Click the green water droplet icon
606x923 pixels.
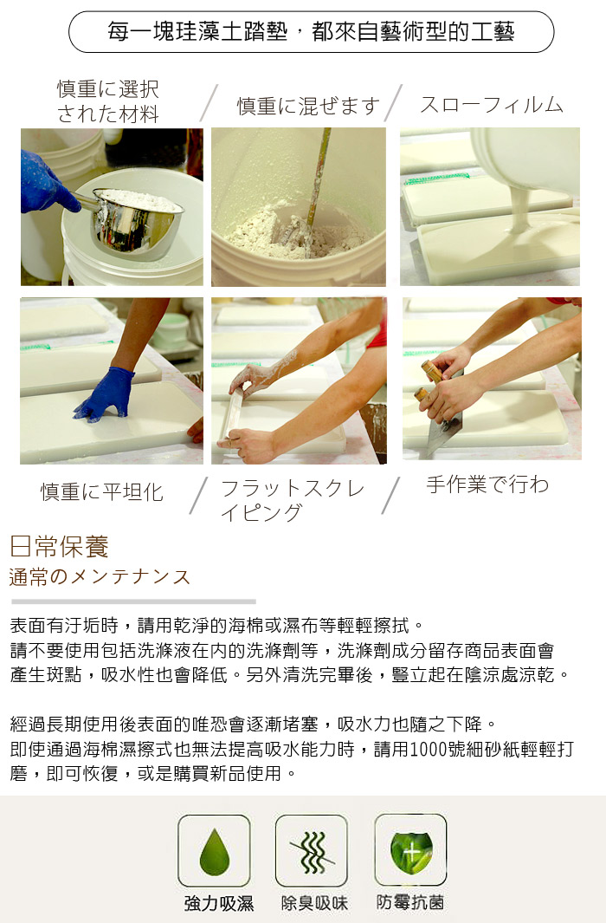[214, 851]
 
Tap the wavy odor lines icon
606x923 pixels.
[312, 852]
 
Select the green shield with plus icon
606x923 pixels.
[411, 852]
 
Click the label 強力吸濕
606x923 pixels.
[219, 903]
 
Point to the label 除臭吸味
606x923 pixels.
[314, 903]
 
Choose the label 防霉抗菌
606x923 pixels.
[410, 902]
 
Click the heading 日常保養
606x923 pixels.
[60, 547]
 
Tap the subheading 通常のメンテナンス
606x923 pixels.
[100, 577]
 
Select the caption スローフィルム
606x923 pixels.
[492, 105]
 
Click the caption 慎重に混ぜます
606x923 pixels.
[308, 106]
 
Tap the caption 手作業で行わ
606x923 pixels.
[488, 484]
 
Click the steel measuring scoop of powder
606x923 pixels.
[132, 219]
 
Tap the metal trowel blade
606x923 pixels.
[444, 429]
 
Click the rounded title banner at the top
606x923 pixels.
[312, 32]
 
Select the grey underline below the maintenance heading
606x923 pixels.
[133, 601]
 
